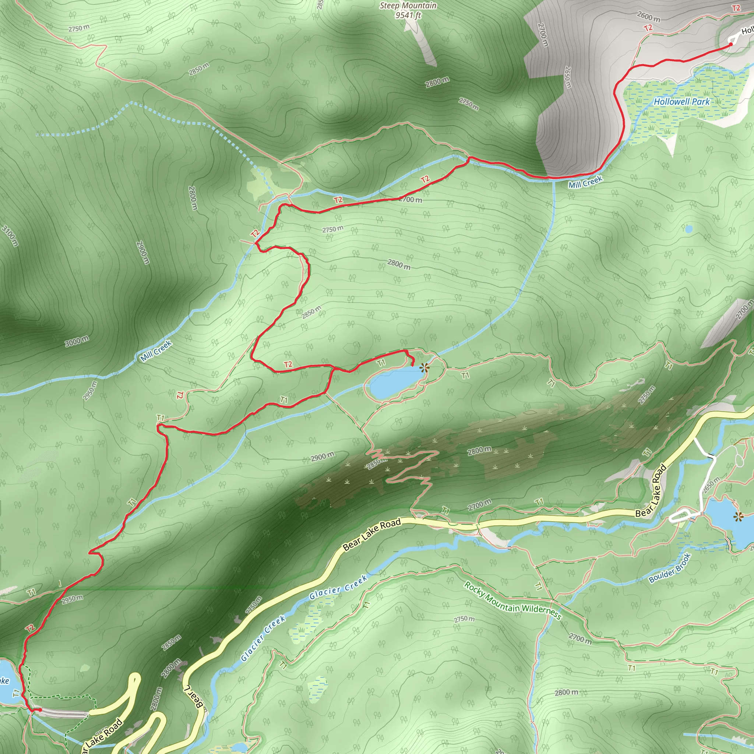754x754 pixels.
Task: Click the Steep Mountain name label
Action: pos(408,6)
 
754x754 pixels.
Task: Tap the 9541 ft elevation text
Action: pos(408,15)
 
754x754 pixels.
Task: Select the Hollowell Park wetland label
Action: pos(682,102)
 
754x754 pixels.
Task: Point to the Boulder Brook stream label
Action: pos(670,568)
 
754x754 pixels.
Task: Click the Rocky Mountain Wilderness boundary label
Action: pos(512,600)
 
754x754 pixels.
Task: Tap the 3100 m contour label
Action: pos(10,236)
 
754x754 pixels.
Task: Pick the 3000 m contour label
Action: pos(77,342)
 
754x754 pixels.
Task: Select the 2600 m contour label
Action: pos(649,17)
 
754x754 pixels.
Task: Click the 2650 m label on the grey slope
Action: pos(568,77)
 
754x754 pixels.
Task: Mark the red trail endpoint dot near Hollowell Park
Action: pos(731,44)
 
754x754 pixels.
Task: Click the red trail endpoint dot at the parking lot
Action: pos(40,710)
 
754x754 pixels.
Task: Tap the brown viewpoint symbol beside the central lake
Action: pos(424,367)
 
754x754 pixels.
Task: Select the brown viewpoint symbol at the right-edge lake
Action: pos(737,518)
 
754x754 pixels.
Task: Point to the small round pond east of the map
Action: pos(688,229)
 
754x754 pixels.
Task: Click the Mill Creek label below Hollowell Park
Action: pos(585,182)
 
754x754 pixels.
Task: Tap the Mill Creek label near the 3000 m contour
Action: pos(156,350)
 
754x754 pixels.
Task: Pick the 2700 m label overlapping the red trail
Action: pos(411,200)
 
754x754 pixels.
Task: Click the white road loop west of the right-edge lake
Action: pos(681,516)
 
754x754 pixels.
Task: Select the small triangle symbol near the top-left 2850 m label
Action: pos(225,87)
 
